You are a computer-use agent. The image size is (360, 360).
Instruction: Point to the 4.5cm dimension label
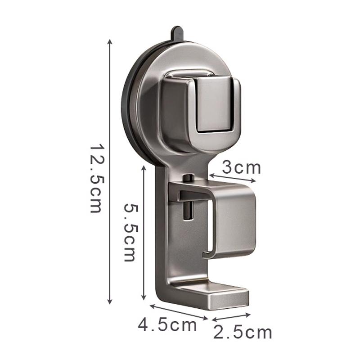[167, 325]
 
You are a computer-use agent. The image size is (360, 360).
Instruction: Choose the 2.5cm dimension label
[243, 332]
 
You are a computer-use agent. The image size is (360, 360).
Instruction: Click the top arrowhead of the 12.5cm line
[110, 41]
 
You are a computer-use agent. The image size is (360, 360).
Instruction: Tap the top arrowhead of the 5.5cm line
[144, 167]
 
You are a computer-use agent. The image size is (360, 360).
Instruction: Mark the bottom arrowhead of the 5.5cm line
[144, 297]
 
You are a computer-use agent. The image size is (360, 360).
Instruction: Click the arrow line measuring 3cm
[232, 178]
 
